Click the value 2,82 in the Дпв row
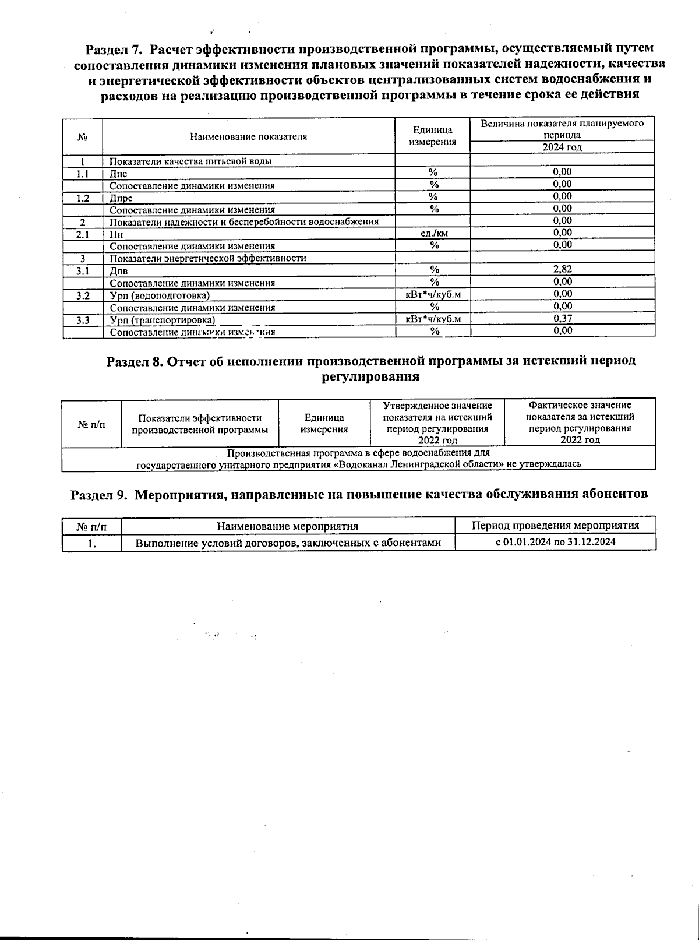562,269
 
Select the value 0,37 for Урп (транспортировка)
562,318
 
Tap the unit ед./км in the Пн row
433,233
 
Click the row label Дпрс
121,198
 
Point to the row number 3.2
83,295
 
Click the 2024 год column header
562,147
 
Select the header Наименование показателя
248,136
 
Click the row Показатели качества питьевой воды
190,161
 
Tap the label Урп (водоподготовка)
160,295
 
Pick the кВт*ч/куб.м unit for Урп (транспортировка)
433,319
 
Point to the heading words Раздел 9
98,494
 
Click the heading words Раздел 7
114,48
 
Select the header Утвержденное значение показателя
437,423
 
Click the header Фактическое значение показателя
580,423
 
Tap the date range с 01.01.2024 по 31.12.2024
555,542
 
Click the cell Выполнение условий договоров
288,543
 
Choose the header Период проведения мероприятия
555,525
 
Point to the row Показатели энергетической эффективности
208,258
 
